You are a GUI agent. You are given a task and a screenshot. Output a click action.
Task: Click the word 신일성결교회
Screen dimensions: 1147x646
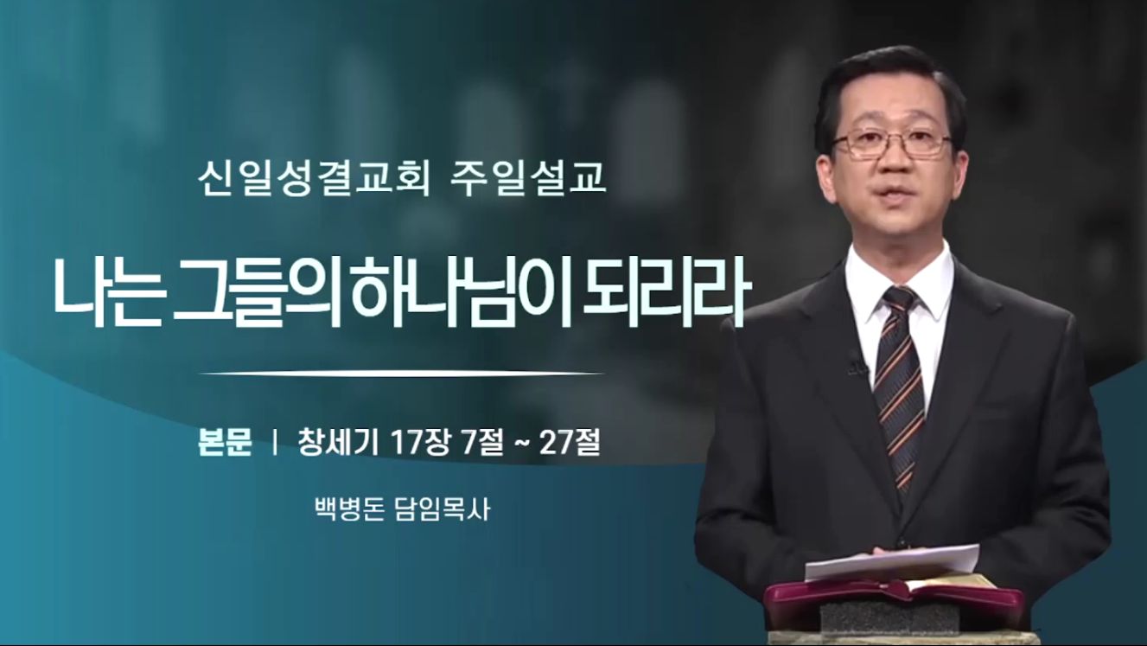[x=314, y=180]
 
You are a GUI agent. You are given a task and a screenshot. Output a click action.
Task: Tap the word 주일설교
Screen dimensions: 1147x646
[x=528, y=180]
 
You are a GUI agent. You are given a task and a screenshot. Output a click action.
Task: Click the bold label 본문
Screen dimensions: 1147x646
[x=225, y=443]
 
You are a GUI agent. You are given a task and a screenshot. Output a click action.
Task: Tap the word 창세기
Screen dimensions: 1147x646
[x=339, y=443]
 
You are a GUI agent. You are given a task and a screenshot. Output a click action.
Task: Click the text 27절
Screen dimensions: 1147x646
[x=570, y=443]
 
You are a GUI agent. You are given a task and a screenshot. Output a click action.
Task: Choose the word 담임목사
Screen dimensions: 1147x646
[x=443, y=509]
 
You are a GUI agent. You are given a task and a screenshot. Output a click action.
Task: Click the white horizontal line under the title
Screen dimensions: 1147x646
[x=402, y=374]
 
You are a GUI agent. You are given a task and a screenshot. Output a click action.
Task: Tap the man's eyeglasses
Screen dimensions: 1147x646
[x=892, y=142]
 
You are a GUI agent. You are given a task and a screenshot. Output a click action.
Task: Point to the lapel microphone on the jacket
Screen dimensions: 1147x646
[x=854, y=364]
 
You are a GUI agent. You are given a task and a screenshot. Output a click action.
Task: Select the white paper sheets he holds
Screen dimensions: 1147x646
[x=892, y=562]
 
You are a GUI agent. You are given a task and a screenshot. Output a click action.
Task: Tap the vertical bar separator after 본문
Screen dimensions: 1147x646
[x=276, y=443]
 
